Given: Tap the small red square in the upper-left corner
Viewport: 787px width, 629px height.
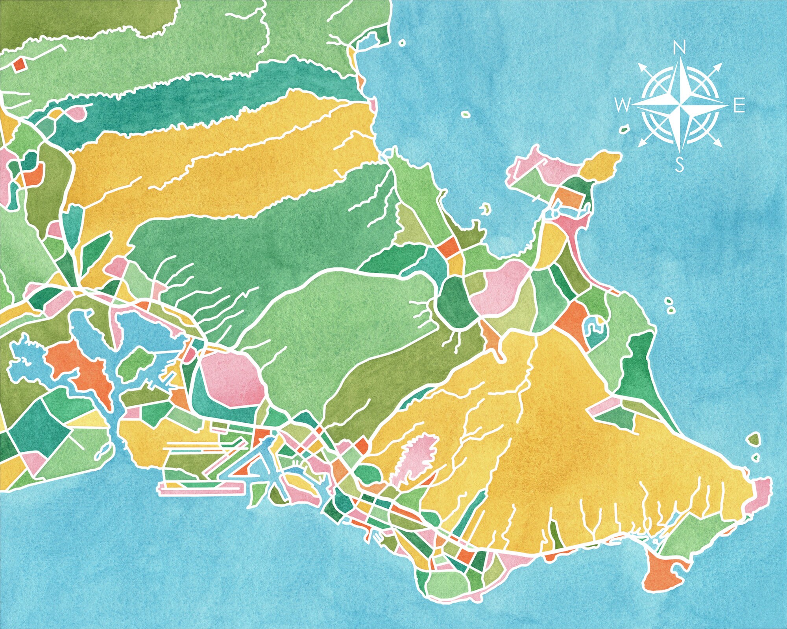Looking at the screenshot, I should coord(18,64).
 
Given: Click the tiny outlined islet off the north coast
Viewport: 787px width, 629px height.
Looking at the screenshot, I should coord(402,43).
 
